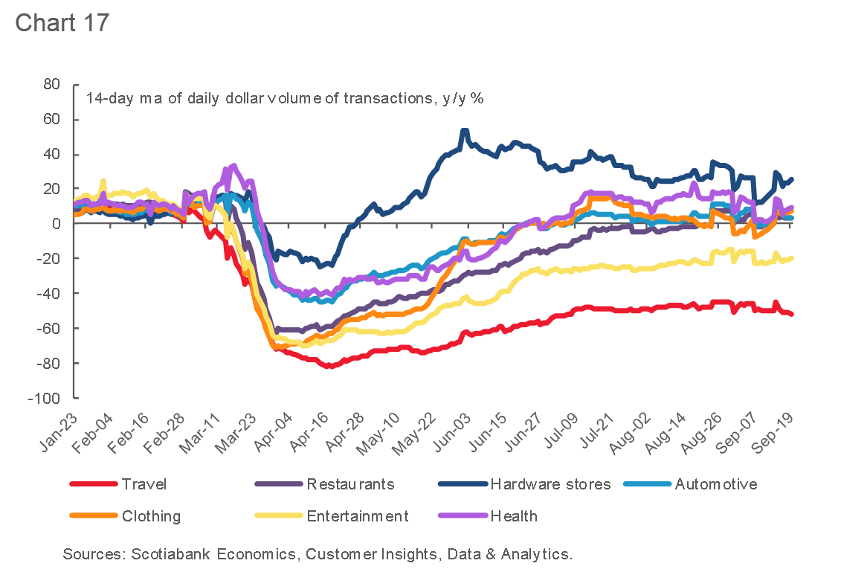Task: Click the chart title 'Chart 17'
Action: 62,22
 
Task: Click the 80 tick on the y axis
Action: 51,85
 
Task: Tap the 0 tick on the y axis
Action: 56,224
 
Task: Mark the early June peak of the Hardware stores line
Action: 465,131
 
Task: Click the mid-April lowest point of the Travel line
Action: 329,366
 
